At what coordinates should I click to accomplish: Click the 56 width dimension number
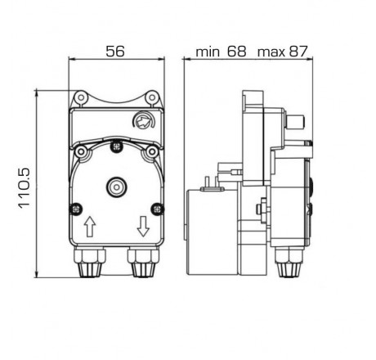115,51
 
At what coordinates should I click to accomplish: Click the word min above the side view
209,51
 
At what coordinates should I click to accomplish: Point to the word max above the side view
270,51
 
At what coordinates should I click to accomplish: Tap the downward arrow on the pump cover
144,225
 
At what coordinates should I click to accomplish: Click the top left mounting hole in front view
80,99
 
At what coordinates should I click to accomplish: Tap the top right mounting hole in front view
152,99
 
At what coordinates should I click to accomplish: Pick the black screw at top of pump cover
116,147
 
